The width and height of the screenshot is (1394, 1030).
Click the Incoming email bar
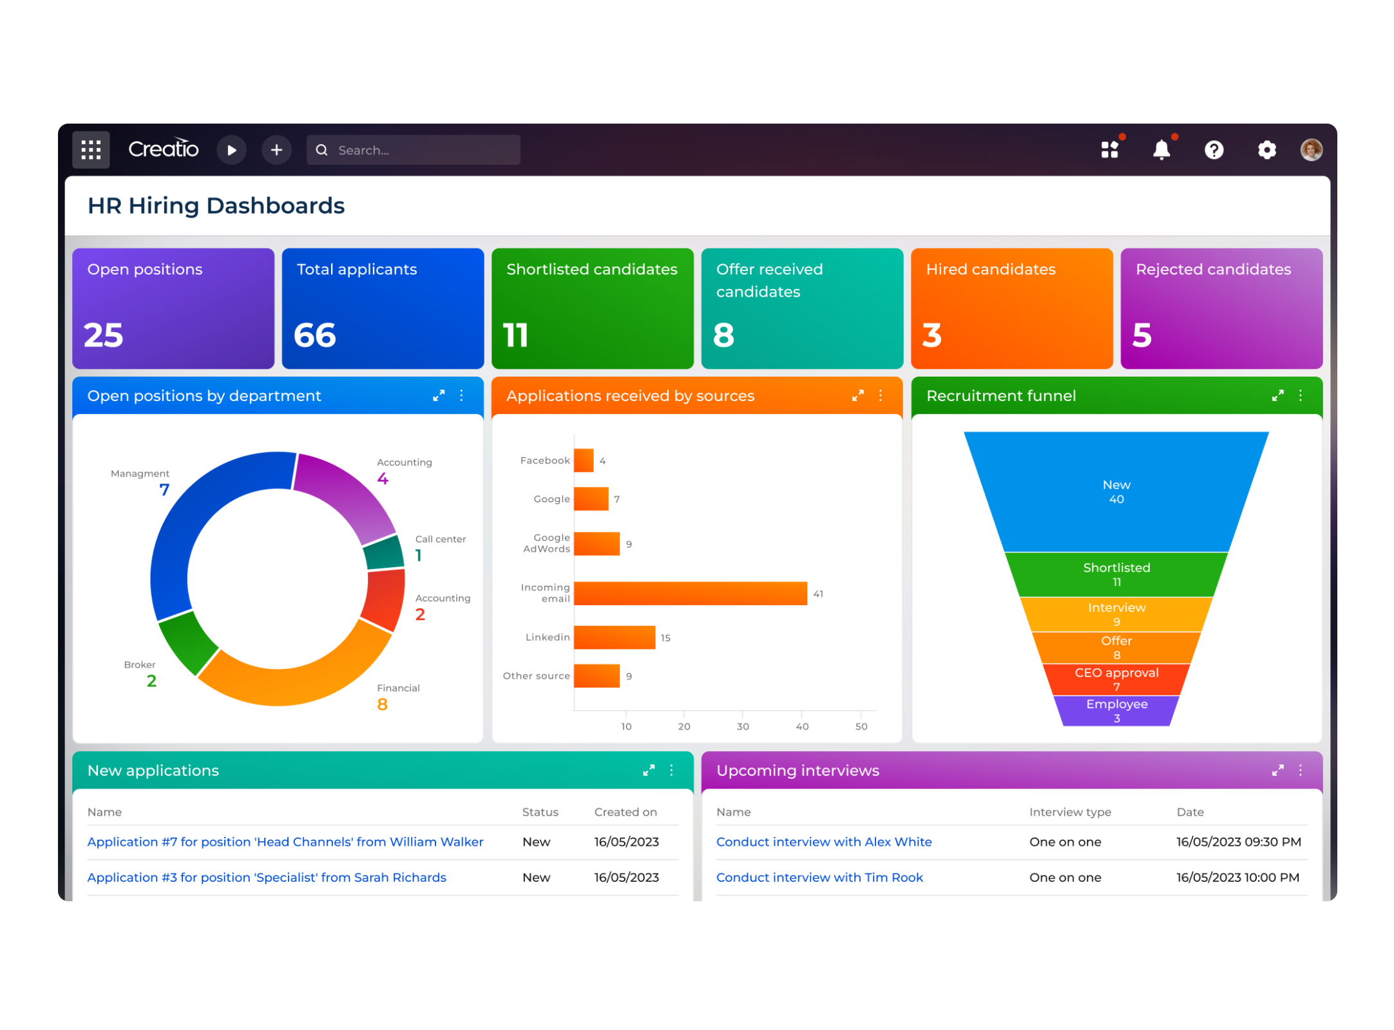pyautogui.click(x=690, y=593)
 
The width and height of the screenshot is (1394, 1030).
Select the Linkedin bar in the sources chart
pyautogui.click(x=614, y=637)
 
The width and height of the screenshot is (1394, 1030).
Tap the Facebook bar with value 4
pyautogui.click(x=583, y=460)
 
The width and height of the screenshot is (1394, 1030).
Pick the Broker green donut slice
pyautogui.click(x=187, y=642)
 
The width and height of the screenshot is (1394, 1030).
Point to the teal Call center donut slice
pyautogui.click(x=384, y=552)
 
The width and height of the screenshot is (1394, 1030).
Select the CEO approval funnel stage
pyautogui.click(x=1116, y=679)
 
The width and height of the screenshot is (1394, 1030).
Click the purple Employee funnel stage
pyautogui.click(x=1116, y=711)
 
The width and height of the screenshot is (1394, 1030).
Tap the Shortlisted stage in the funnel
pyautogui.click(x=1116, y=574)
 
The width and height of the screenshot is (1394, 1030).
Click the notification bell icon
pyautogui.click(x=1161, y=150)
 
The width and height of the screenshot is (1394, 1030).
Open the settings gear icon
pyautogui.click(x=1266, y=150)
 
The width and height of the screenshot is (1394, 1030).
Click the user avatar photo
pyautogui.click(x=1311, y=150)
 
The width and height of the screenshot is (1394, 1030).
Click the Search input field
pyautogui.click(x=425, y=150)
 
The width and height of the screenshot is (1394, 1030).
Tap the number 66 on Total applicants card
pyautogui.click(x=315, y=335)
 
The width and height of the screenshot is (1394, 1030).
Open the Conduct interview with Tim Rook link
pyautogui.click(x=819, y=877)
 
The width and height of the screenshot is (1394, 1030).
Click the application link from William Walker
pyautogui.click(x=285, y=842)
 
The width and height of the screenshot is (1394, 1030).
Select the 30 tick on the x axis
pyautogui.click(x=743, y=726)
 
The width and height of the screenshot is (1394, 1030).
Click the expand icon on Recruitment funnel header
pyautogui.click(x=1277, y=395)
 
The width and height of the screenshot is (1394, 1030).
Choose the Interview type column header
pyautogui.click(x=1070, y=812)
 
